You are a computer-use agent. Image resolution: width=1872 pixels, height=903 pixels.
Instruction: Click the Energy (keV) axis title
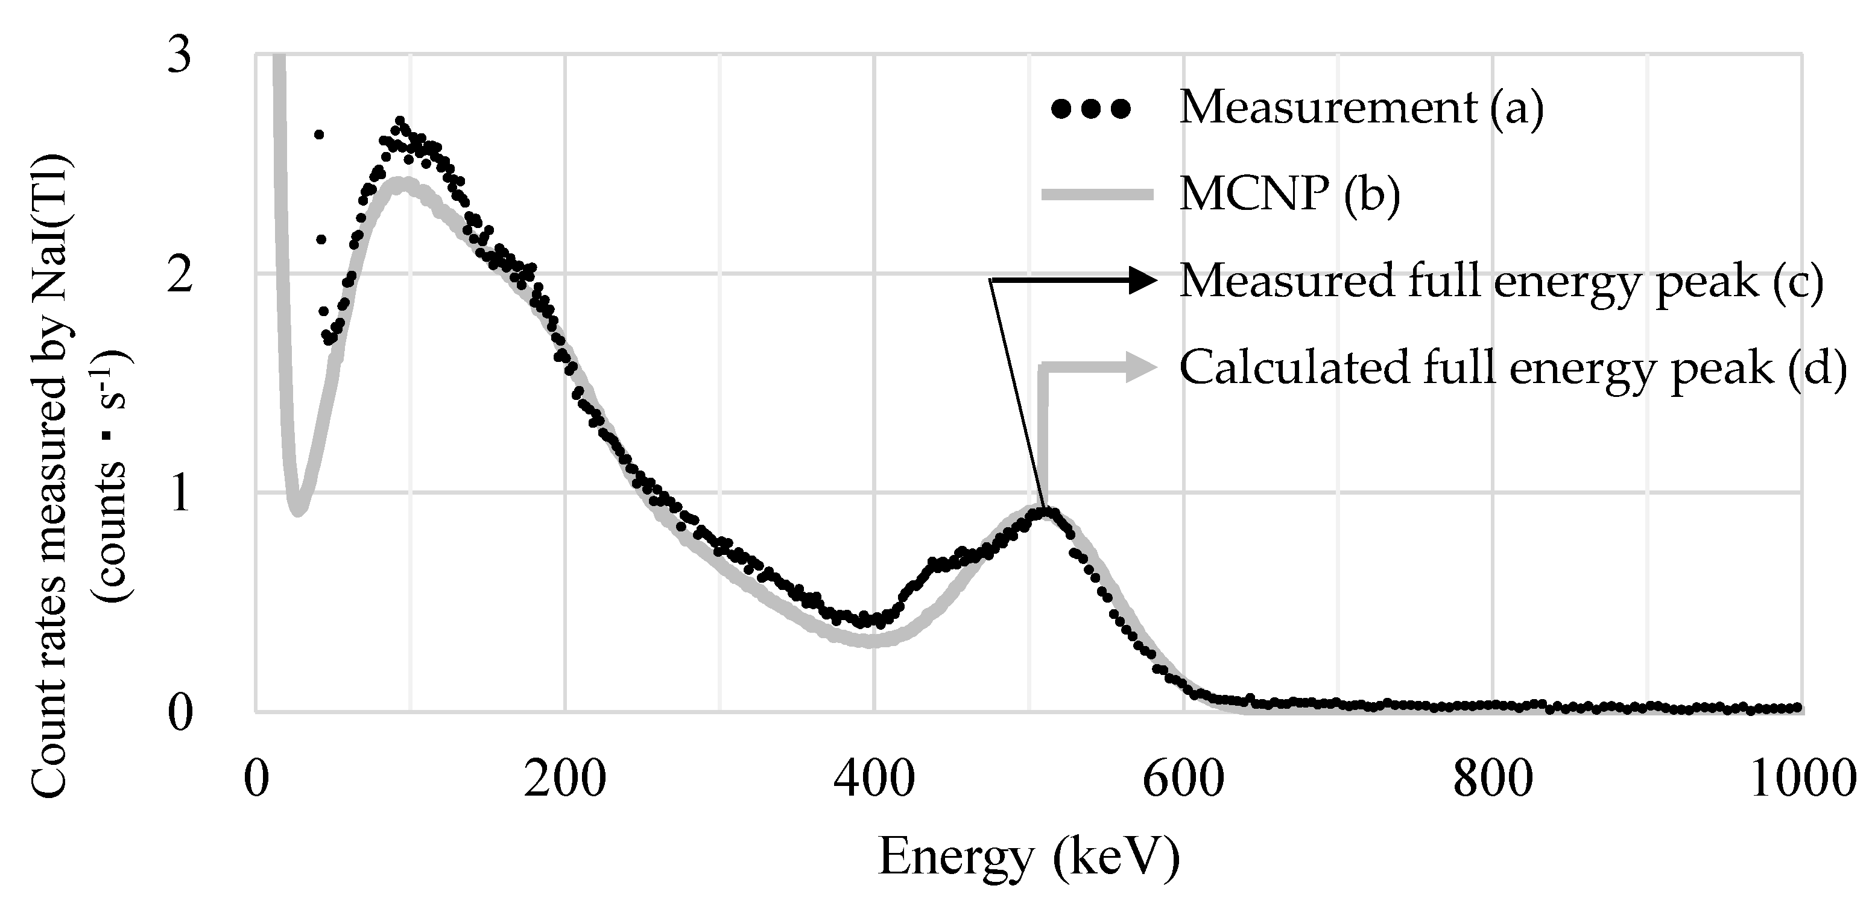[x=1028, y=858]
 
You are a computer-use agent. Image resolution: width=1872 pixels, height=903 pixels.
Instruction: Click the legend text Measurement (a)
[x=1361, y=109]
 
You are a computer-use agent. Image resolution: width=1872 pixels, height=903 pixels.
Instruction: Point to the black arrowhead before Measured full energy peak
[x=1141, y=280]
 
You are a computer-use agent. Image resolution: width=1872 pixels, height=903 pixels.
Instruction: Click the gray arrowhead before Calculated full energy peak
[x=1141, y=367]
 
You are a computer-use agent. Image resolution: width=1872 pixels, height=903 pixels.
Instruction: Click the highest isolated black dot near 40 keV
[x=318, y=135]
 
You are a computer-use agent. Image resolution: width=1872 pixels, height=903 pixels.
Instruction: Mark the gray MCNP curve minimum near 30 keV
[x=297, y=510]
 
